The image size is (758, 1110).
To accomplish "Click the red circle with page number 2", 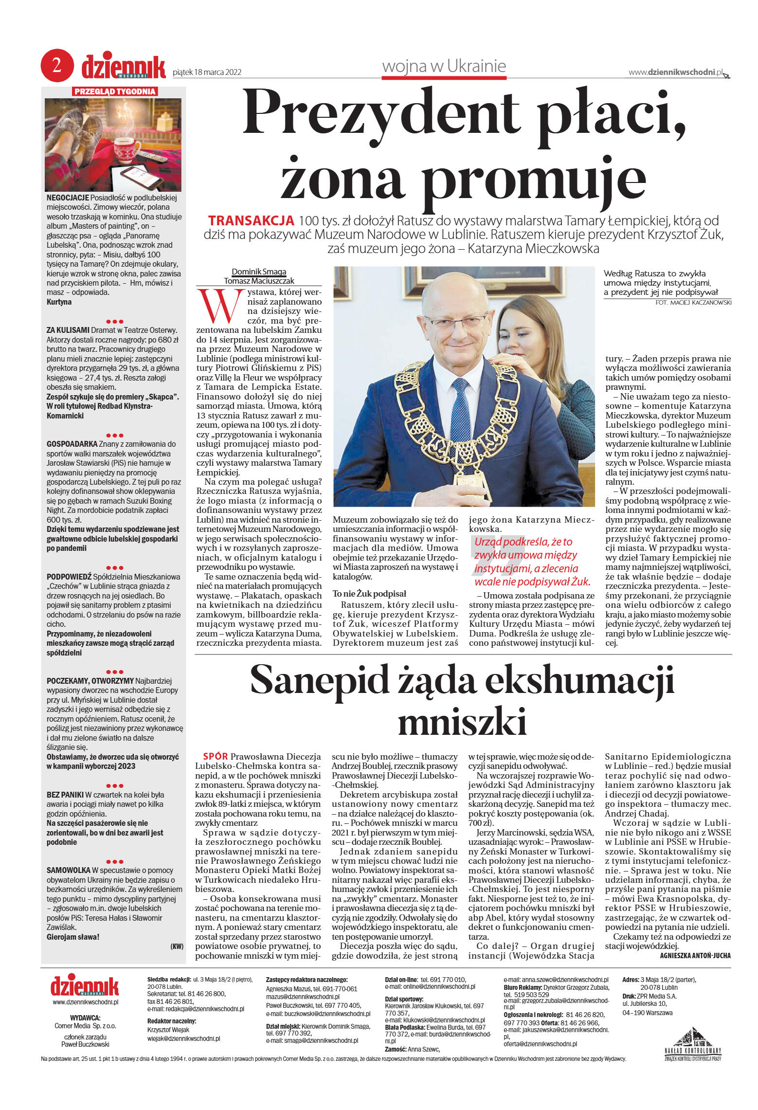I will pyautogui.click(x=57, y=66).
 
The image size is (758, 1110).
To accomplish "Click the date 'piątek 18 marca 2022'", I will pyautogui.click(x=207, y=73).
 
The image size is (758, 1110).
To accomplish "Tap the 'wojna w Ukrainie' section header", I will pyautogui.click(x=444, y=66).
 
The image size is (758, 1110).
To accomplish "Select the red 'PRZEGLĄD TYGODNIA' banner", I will pyautogui.click(x=115, y=91).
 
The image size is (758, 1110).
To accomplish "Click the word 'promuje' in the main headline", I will pyautogui.click(x=533, y=177).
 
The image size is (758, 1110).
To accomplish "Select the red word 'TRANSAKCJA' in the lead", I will pyautogui.click(x=251, y=221).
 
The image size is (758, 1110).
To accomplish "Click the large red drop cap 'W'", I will pyautogui.click(x=219, y=307).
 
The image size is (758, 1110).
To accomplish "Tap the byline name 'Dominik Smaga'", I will pyautogui.click(x=259, y=272).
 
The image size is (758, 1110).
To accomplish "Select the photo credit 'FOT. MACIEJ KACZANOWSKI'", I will pyautogui.click(x=693, y=303).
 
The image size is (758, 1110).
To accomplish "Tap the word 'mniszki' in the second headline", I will pyautogui.click(x=462, y=722).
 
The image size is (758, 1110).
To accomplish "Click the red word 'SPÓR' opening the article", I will pyautogui.click(x=215, y=756).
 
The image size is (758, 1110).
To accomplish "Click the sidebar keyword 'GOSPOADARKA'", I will pyautogui.click(x=72, y=444).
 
